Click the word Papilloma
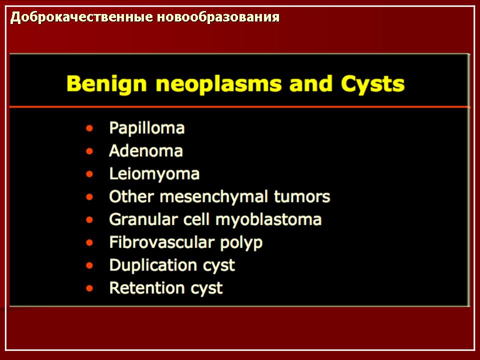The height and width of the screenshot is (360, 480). coord(147,128)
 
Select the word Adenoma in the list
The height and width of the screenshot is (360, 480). coord(146,151)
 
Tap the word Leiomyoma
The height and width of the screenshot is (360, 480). coord(154,174)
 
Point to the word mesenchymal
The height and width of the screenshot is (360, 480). coord(214,196)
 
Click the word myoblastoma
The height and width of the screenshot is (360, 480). coord(268,220)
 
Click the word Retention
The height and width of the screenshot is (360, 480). coord(146,288)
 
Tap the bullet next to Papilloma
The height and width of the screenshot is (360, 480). coord(89,128)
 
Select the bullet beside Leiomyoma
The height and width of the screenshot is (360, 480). coord(89,174)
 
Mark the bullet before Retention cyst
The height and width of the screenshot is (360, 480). coord(89,288)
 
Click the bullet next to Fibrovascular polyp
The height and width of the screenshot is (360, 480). coord(89,243)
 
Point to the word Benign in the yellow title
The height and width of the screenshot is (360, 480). coord(107,84)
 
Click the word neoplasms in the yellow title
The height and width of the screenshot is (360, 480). coord(218,84)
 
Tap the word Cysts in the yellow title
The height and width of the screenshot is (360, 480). coord(373,84)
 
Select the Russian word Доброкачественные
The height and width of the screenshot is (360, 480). coord(81,17)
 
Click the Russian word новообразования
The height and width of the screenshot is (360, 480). coord(218,17)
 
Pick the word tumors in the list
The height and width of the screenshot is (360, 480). coord(302,196)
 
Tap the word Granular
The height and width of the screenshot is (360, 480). coord(143,219)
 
